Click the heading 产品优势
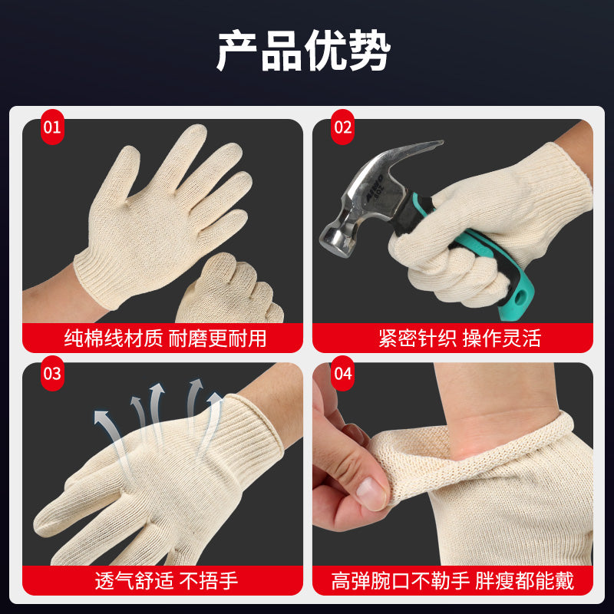coord(304,51)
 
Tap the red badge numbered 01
coord(52,127)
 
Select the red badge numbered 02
coord(342,127)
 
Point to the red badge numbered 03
coord(52,373)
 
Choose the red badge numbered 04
coord(342,373)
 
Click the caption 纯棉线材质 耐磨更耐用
coord(165,338)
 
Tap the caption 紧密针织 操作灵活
coord(460,338)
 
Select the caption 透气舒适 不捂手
coord(167,580)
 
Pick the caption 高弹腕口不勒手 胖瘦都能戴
coord(453,580)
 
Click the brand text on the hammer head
coord(374,189)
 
